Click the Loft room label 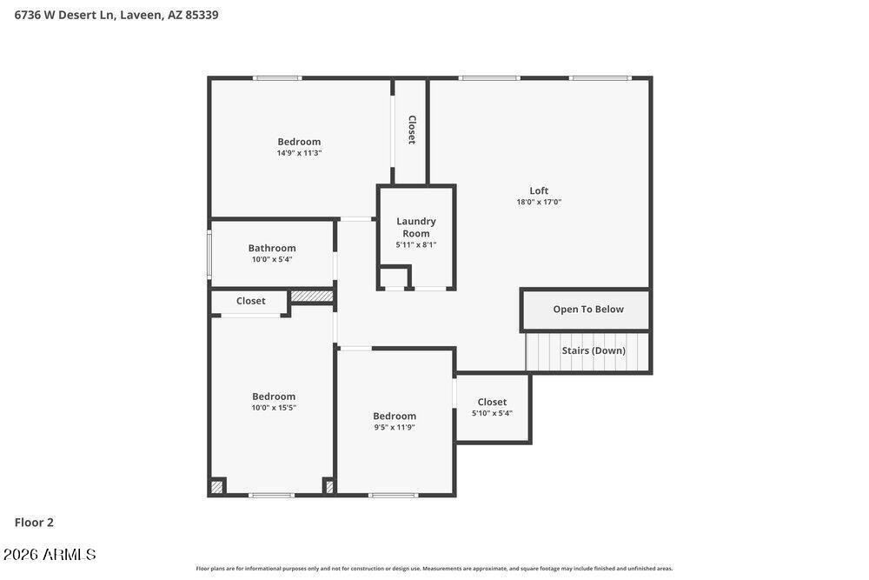(539, 190)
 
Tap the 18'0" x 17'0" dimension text (539, 202)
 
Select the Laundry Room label (415, 227)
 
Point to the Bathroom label (272, 248)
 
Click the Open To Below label (588, 309)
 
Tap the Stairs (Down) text (594, 350)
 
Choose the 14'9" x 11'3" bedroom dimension (299, 153)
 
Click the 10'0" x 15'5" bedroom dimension (274, 408)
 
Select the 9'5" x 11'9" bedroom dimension (395, 427)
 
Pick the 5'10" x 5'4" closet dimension (492, 413)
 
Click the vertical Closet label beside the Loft (412, 130)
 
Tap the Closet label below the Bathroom (250, 301)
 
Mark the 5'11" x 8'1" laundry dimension (415, 244)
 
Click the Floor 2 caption (34, 522)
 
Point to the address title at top (116, 15)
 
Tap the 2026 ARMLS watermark (50, 554)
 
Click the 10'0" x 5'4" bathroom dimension (272, 259)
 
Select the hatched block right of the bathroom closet (312, 297)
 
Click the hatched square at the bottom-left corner (217, 487)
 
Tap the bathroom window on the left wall (209, 254)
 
